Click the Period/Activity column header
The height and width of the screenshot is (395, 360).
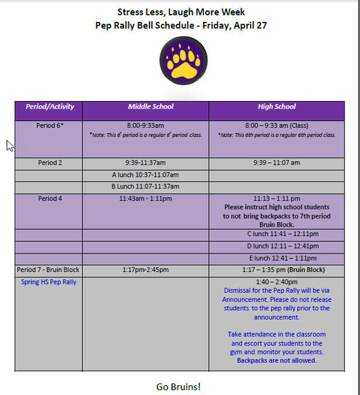pos(50,107)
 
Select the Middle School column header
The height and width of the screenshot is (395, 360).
pos(150,107)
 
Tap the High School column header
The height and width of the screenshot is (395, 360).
pos(276,107)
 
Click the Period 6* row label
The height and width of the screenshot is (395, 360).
pos(50,125)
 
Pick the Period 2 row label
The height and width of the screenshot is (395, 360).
pos(50,163)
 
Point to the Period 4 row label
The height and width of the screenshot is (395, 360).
pos(50,199)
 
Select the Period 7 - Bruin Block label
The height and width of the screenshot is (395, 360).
pos(48,270)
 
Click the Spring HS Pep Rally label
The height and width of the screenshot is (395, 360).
pos(48,282)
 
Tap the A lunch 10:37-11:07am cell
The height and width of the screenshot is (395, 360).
pos(145,175)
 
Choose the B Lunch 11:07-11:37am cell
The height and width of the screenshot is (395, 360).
pos(145,187)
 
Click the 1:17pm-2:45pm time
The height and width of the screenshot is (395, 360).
pos(145,270)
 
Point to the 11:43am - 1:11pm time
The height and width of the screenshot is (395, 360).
pos(145,199)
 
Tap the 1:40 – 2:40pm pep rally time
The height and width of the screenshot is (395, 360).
pos(276,282)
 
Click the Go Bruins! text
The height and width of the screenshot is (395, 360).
pos(179,386)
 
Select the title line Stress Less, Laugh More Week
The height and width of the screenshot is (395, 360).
pos(181,12)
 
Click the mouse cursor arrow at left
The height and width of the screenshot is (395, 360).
pos(10,145)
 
